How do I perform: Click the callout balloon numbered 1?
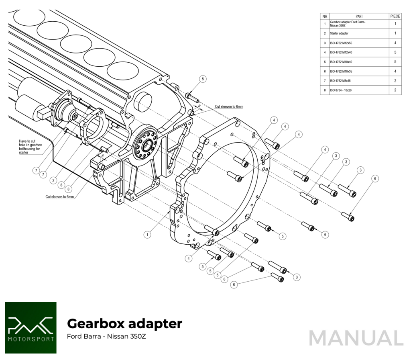pos(147,235)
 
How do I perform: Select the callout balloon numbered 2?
pos(53,180)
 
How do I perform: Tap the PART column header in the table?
pos(359,16)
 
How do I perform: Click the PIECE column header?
pos(395,16)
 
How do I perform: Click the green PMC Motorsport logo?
pos(31,328)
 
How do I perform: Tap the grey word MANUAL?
pos(356,338)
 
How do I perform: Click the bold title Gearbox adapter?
pos(124,323)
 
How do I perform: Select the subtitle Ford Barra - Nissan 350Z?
pos(106,336)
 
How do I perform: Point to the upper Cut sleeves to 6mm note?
pos(229,106)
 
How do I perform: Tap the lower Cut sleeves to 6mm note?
pos(60,197)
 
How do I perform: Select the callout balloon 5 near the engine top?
pos(203,79)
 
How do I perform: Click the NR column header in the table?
pos(325,16)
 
